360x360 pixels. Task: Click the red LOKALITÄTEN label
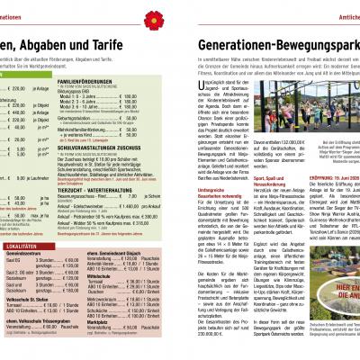pos(20,269)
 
